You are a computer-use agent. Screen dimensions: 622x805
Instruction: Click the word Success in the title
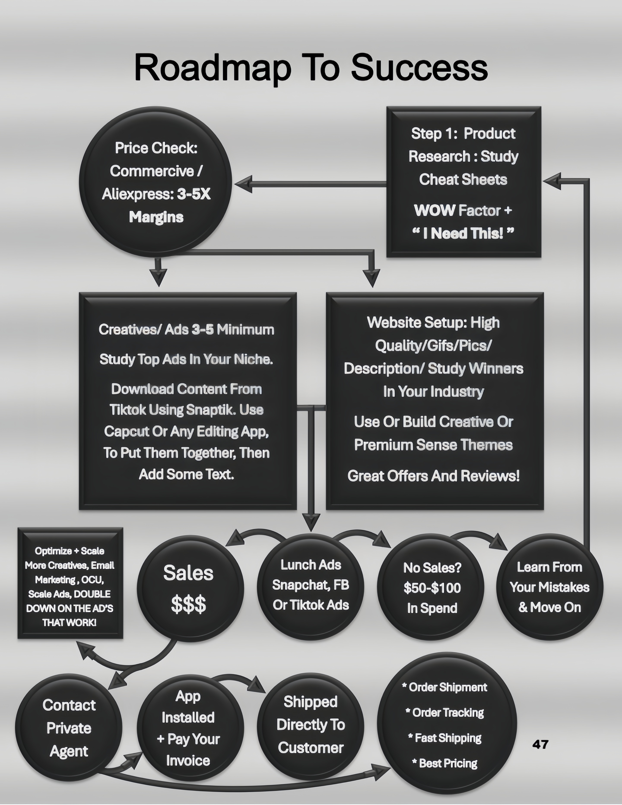(x=419, y=67)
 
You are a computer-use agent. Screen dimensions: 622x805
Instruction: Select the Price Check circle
(x=156, y=182)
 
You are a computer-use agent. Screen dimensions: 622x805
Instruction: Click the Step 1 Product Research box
(x=464, y=182)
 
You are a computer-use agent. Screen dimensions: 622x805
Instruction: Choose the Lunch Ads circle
(x=310, y=586)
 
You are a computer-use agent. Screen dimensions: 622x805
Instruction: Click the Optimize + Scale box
(x=70, y=583)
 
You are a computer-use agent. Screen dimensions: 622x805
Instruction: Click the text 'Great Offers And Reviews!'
(x=433, y=476)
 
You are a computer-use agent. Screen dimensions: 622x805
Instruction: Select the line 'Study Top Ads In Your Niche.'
(x=186, y=359)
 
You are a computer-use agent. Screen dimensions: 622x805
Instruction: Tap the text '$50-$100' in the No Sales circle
(x=432, y=588)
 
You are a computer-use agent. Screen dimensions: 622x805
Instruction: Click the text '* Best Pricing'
(x=445, y=763)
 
